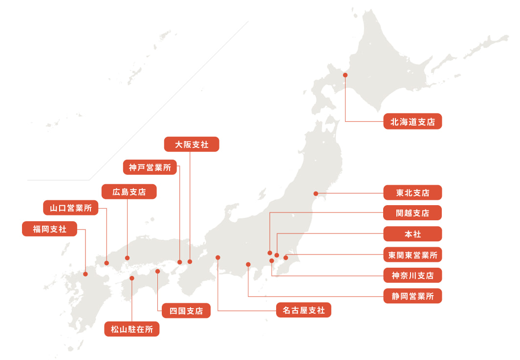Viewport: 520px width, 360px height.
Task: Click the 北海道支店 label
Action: point(412,122)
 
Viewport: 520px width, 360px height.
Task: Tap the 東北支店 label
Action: point(412,192)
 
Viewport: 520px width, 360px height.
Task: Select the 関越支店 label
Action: point(412,213)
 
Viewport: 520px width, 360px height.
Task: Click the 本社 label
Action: point(412,234)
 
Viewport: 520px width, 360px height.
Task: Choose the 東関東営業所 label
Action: point(412,254)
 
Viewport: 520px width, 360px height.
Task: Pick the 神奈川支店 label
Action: point(412,275)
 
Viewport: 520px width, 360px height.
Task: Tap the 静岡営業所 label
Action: point(412,296)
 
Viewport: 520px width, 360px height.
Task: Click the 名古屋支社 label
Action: point(303,310)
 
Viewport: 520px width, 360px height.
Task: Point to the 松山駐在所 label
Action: point(132,330)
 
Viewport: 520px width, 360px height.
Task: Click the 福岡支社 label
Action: point(49,229)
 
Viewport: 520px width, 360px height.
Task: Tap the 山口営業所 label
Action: point(70,208)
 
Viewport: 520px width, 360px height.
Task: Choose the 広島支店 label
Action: point(129,191)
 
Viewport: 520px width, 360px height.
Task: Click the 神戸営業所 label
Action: point(150,168)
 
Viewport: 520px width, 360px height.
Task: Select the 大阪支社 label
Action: point(192,144)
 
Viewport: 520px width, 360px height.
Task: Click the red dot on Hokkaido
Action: point(345,75)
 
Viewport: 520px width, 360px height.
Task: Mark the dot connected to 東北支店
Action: point(316,193)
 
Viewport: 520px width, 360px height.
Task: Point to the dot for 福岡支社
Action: point(86,274)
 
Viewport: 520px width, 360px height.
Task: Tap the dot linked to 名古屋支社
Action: point(218,257)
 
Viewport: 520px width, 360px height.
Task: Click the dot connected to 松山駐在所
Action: point(132,278)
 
